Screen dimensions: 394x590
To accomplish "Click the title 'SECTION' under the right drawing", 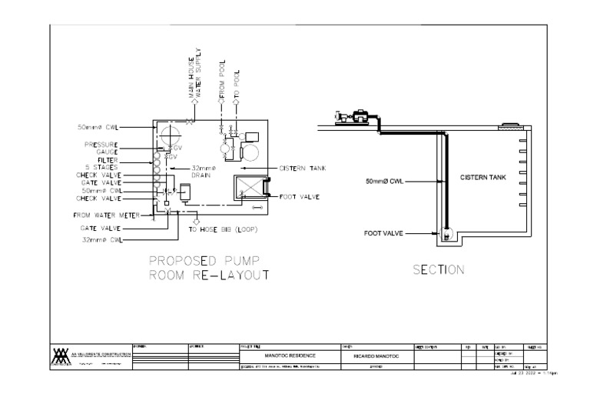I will click(x=439, y=270).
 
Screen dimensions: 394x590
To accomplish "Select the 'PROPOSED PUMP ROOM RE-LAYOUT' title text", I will click(x=208, y=267).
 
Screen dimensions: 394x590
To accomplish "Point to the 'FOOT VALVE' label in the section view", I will click(x=383, y=232).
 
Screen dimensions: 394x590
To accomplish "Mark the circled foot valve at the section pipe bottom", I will click(x=448, y=231).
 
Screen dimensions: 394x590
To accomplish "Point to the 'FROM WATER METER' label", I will click(x=106, y=215).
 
